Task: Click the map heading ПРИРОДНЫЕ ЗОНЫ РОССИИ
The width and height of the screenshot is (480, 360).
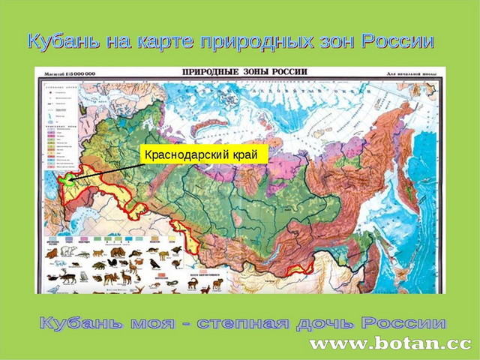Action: (x=244, y=73)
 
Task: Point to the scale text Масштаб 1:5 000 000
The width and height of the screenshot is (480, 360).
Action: (x=66, y=73)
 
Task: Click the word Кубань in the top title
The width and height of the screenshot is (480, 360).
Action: (x=65, y=42)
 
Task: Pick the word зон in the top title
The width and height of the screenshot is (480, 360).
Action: (x=334, y=42)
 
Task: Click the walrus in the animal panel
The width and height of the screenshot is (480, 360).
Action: (x=52, y=254)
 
